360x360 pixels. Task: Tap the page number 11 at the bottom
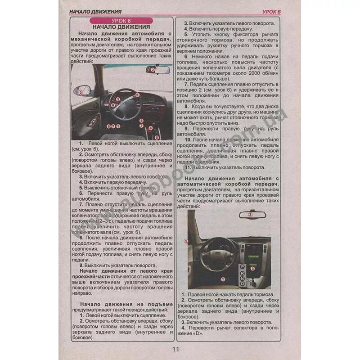coord(175,349)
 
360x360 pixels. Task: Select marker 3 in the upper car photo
coord(118,99)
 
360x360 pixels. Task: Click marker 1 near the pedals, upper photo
coord(118,126)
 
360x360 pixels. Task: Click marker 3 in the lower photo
coord(253,268)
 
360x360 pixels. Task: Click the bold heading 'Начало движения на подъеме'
coord(126,305)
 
